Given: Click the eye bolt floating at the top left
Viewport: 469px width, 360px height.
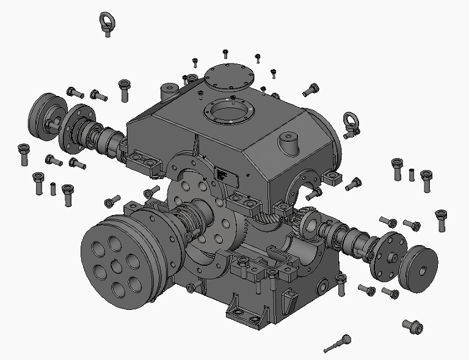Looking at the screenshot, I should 107,23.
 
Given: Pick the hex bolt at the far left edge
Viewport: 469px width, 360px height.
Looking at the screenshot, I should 24,153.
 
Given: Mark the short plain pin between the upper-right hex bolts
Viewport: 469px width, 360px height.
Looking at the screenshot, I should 412,174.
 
